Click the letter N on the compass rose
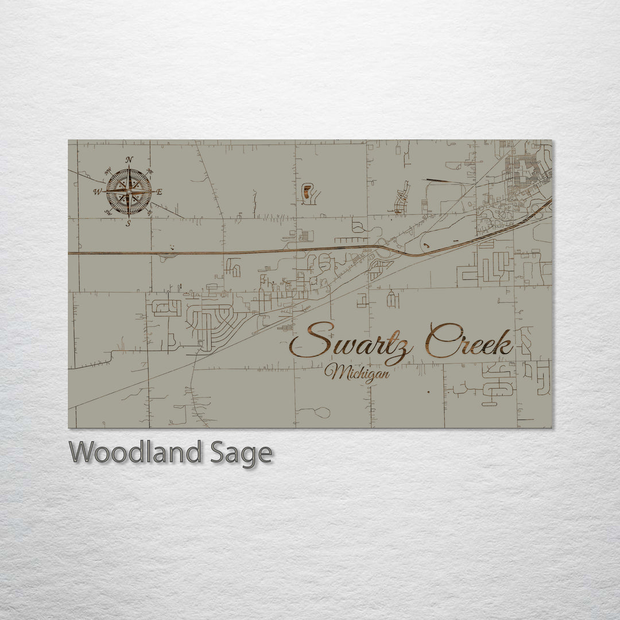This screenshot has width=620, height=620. pyautogui.click(x=129, y=160)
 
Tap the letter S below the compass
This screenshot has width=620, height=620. pyautogui.click(x=129, y=223)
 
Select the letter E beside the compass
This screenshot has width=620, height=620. pyautogui.click(x=159, y=192)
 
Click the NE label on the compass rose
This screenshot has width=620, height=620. pyautogui.click(x=150, y=170)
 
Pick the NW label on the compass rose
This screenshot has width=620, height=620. pyautogui.click(x=107, y=170)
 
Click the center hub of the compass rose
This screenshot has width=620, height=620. pyautogui.click(x=129, y=191)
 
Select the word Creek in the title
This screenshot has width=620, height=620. pyautogui.click(x=468, y=341)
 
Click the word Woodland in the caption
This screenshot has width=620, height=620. pyautogui.click(x=135, y=453)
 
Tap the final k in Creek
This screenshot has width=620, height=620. pyautogui.click(x=504, y=343)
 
